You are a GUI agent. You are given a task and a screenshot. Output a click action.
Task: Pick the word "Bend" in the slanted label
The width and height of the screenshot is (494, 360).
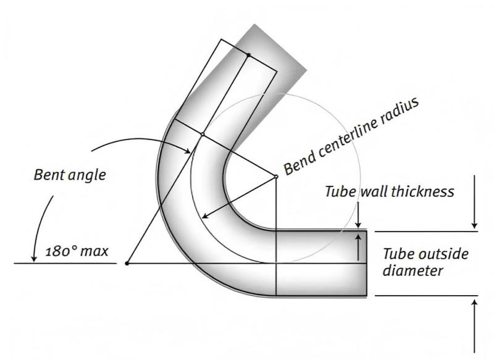click(299, 157)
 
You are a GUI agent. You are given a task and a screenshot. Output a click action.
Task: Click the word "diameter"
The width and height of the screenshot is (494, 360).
click(413, 270)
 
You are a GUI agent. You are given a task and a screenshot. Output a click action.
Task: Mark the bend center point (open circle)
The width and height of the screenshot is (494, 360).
click(276, 177)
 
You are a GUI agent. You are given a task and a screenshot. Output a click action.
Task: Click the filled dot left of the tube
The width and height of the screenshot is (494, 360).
click(127, 264)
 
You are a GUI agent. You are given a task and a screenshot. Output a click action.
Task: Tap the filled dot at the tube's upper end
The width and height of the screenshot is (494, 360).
click(248, 55)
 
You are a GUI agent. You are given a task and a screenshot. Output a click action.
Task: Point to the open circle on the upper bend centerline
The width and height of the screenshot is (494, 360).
click(203, 133)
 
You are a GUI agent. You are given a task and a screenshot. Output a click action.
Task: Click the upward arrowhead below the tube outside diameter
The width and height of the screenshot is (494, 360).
click(474, 303)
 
